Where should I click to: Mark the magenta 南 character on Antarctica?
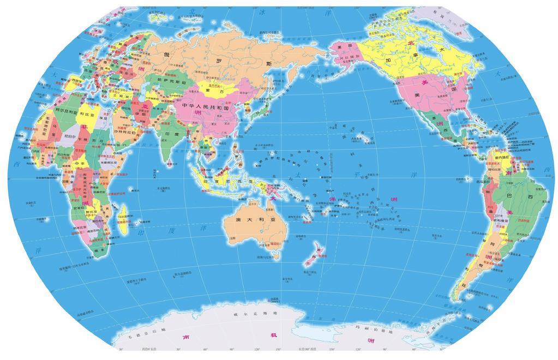(186, 337)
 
